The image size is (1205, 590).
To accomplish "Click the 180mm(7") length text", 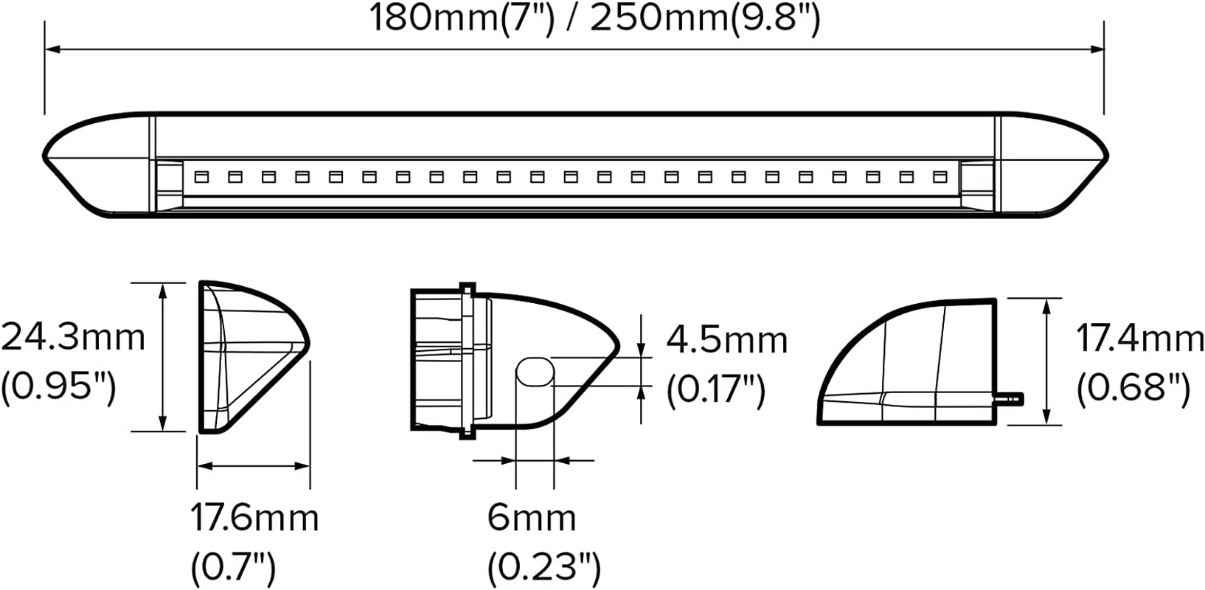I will [461, 18].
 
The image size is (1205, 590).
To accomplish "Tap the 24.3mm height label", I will [73, 338].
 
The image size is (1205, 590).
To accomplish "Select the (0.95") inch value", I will [59, 385].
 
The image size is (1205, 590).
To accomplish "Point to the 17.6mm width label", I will [255, 518].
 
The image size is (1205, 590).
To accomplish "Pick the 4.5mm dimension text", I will [727, 340].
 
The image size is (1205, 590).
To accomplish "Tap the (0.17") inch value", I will [716, 389].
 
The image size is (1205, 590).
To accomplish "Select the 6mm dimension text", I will [531, 518].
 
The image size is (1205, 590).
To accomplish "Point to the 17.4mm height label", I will [1139, 339].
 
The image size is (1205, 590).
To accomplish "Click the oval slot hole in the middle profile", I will [535, 371].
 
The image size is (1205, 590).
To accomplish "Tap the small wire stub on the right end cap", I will [1010, 399].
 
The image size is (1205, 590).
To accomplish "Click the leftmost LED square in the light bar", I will [201, 177].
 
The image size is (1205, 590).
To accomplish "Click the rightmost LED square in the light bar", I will [940, 177].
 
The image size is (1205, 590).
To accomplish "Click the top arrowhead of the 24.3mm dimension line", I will [164, 289].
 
